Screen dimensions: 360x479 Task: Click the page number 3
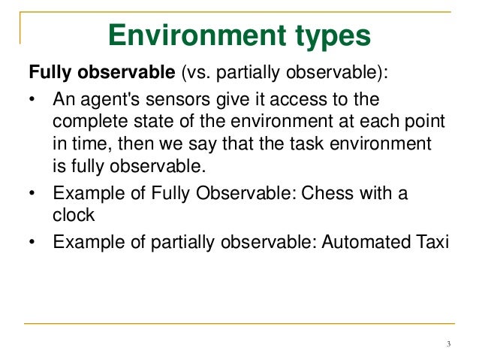coord(447,345)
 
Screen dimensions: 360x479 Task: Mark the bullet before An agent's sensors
coord(32,101)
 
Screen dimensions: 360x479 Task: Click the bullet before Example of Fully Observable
coord(32,193)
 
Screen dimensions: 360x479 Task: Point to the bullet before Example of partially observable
coord(32,242)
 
